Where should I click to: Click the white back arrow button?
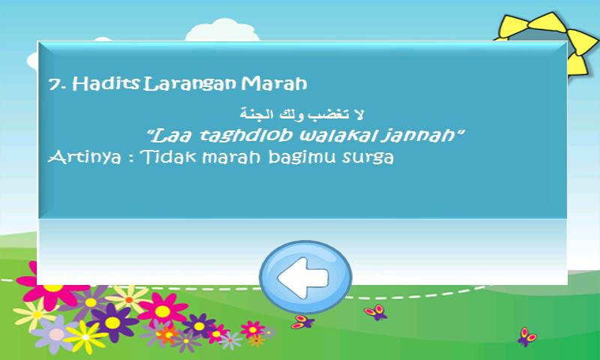click(x=305, y=277)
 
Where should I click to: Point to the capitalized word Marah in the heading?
click(x=274, y=83)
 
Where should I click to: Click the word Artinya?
click(x=85, y=157)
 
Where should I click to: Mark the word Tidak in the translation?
click(x=167, y=157)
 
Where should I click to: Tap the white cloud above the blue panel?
click(x=222, y=31)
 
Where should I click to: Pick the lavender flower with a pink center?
click(x=56, y=334)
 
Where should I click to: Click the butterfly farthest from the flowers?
click(x=526, y=337)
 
